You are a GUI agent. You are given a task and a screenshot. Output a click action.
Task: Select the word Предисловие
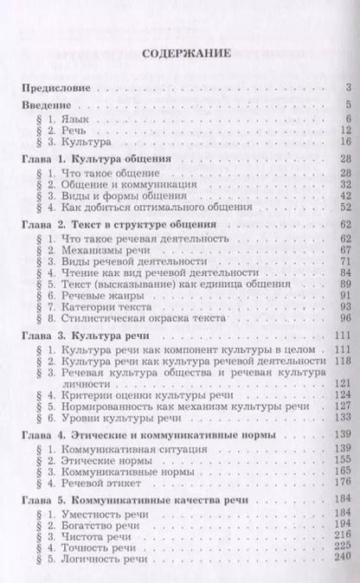(59, 89)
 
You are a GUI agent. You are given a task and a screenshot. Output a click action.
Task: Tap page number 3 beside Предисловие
(345, 89)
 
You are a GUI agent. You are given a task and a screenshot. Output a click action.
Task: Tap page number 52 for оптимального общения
(342, 208)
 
